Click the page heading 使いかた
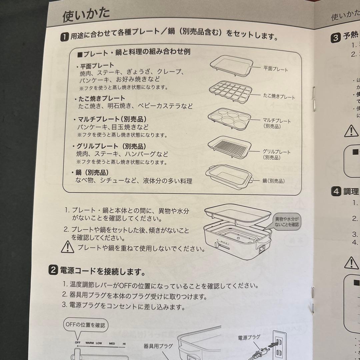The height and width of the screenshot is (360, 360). point(86,16)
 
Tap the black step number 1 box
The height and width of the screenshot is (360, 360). point(65,36)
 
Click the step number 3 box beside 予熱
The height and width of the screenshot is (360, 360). point(335,37)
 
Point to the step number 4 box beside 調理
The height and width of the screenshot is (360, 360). point(336,191)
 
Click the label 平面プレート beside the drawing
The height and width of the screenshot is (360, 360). point(275,69)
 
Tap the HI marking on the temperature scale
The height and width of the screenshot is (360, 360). point(124,343)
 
